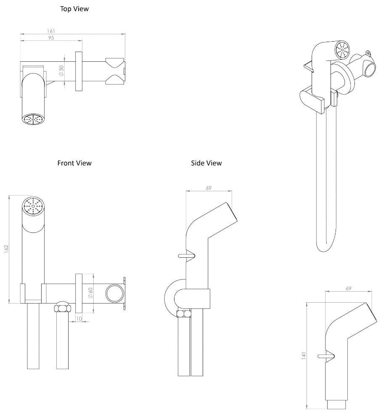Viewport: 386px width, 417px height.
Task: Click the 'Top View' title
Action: [x=74, y=8]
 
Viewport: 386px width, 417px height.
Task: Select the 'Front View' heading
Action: [x=74, y=163]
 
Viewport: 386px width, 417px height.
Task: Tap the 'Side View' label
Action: [x=206, y=163]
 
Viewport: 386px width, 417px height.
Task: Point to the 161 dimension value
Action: [x=51, y=31]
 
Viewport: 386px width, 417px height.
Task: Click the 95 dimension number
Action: [x=51, y=38]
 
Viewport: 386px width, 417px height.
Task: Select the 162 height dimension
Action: [x=6, y=249]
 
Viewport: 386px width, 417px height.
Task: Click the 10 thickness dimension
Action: [x=79, y=319]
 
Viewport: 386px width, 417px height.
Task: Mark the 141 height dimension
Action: [x=304, y=355]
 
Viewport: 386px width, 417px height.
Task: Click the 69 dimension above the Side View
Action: [x=209, y=188]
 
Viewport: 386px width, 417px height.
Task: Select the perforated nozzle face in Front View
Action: [x=33, y=206]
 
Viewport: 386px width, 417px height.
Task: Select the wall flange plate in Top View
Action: [x=79, y=71]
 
